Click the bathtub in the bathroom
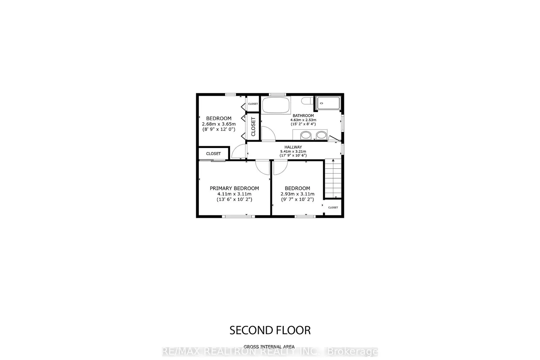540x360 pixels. click(276, 105)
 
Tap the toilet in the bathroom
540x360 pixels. click(307, 100)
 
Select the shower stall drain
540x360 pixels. click(321, 103)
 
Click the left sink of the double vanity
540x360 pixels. click(306, 135)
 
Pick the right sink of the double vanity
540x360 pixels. click(321, 135)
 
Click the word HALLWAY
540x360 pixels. click(293, 147)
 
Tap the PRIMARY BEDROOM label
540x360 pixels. click(234, 188)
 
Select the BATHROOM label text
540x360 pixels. click(303, 116)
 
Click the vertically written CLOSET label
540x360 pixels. click(253, 127)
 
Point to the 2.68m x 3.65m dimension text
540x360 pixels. click(219, 124)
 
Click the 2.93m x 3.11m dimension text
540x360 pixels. click(297, 194)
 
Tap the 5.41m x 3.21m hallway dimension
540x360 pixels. click(293, 152)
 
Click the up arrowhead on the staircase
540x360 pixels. click(333, 160)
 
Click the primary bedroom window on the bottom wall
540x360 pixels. click(238, 216)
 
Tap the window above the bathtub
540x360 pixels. click(278, 95)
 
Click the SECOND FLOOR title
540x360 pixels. click(270, 330)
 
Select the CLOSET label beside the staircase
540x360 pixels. click(333, 208)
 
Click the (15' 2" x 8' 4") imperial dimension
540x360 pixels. click(303, 124)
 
